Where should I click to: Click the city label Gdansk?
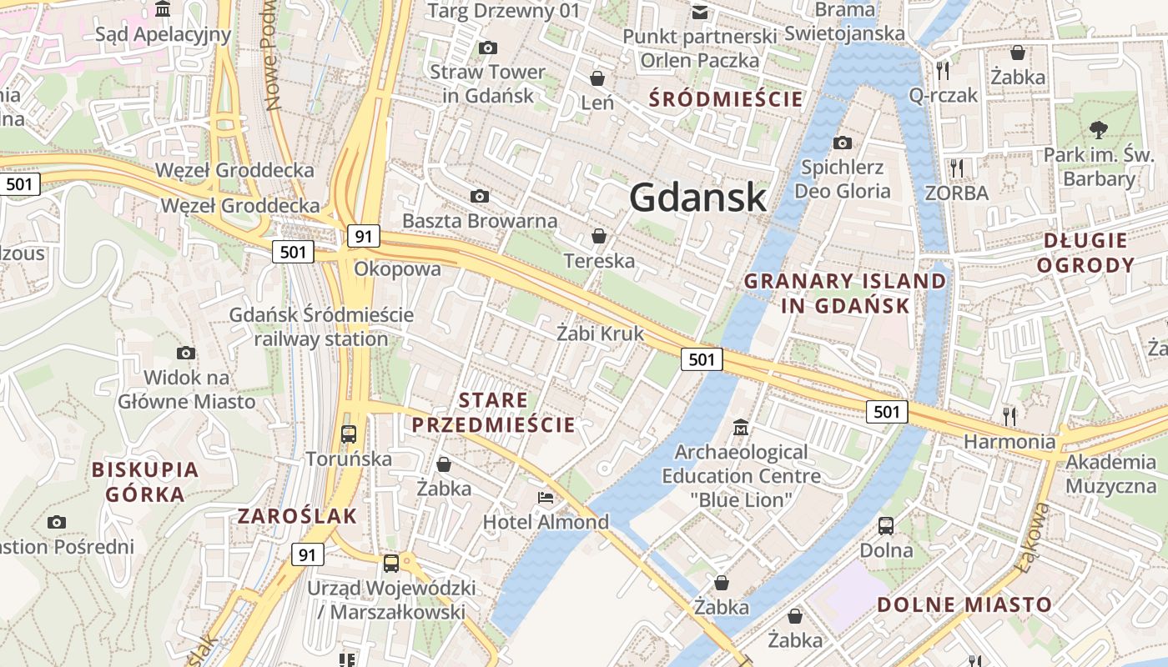[x=697, y=198]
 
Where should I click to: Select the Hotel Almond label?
[x=546, y=523]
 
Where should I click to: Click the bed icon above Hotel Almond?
[x=546, y=498]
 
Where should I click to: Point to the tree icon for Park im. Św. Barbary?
[x=1098, y=129]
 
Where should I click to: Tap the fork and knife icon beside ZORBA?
[x=956, y=168]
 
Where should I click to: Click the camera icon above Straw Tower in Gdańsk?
[x=487, y=48]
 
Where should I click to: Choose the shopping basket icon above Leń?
[x=597, y=78]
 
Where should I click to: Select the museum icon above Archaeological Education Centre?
[x=740, y=428]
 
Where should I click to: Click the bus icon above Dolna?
[x=886, y=525]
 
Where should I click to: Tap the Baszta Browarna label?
[x=480, y=221]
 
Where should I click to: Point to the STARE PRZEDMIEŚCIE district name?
[x=493, y=413]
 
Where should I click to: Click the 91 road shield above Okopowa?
[x=363, y=236]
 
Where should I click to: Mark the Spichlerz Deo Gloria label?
[x=842, y=179]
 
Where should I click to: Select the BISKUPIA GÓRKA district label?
[x=145, y=481]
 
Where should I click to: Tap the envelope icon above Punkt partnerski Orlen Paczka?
[x=699, y=12]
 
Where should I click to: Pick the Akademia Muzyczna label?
[x=1110, y=474]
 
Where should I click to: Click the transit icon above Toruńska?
[x=349, y=434]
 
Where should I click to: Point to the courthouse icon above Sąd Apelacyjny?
[x=163, y=9]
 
